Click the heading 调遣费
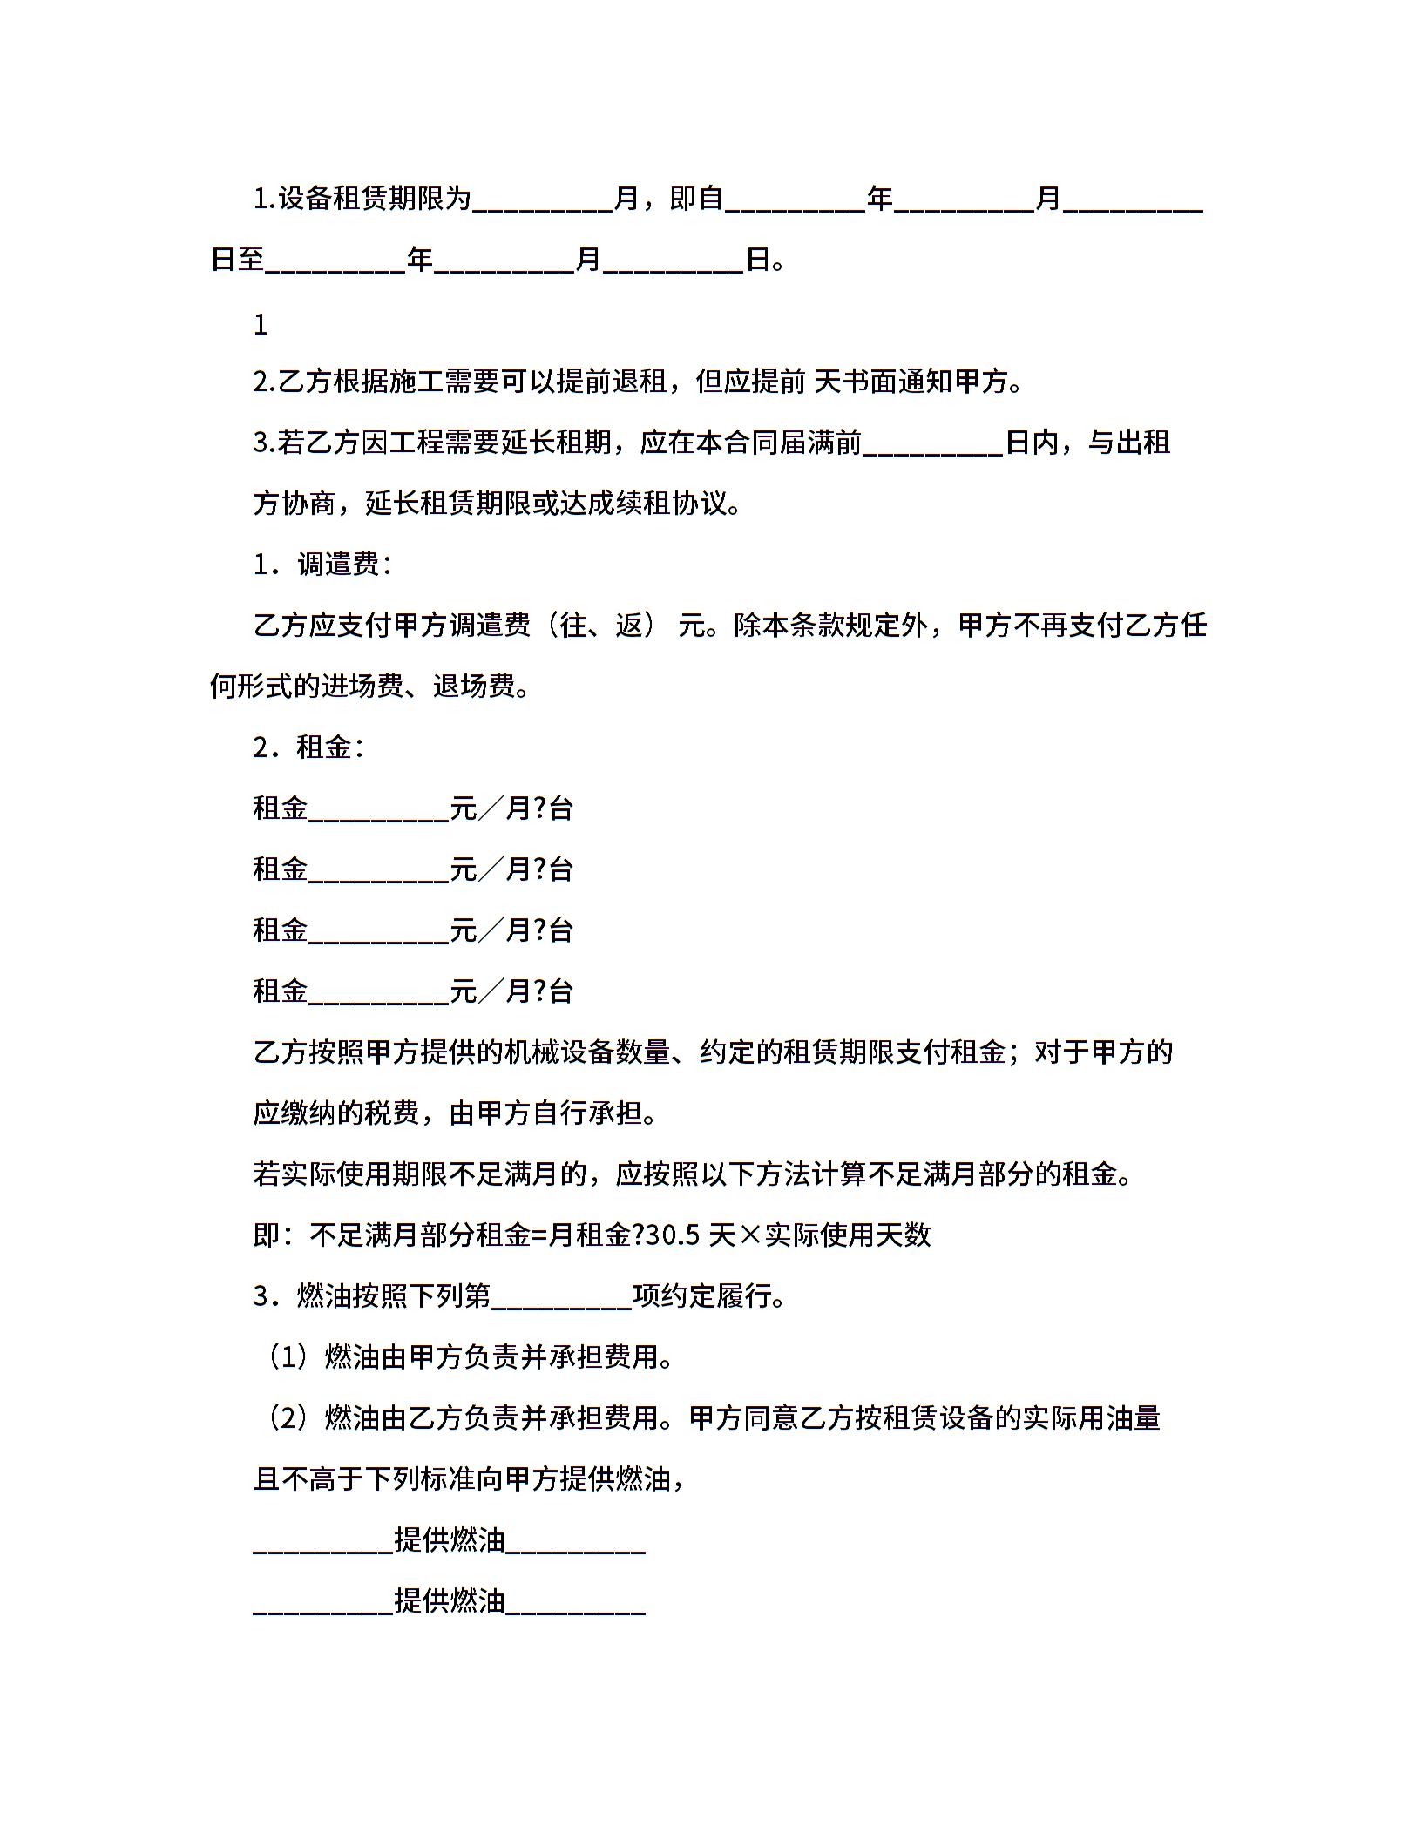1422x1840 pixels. pyautogui.click(x=338, y=565)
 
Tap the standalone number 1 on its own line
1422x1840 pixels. pyautogui.click(x=261, y=326)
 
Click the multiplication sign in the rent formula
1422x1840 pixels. pyautogui.click(x=750, y=1235)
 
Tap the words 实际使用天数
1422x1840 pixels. pyautogui.click(x=848, y=1235)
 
